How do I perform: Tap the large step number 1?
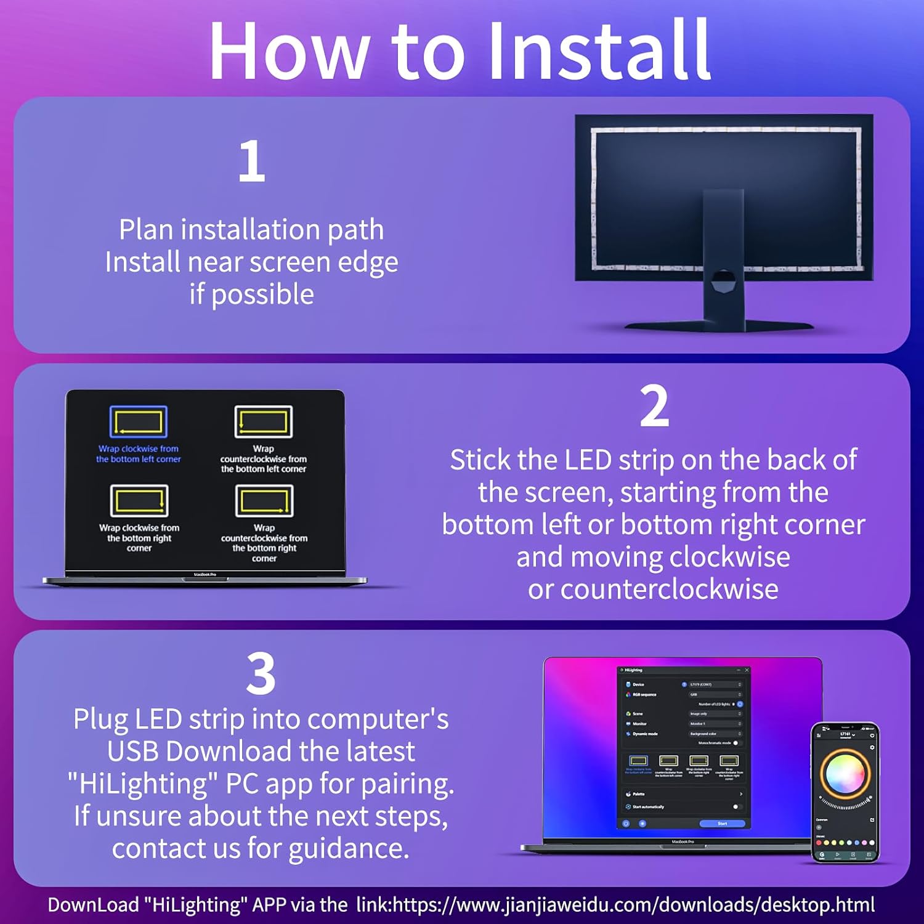252,161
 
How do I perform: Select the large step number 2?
654,406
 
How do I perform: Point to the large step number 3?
261,674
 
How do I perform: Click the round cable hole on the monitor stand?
723,283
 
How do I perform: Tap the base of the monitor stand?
718,325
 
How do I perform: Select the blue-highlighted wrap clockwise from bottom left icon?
139,422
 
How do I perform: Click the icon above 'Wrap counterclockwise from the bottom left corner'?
264,422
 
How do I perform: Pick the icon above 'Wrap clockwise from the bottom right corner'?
139,500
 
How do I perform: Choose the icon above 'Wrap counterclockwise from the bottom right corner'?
264,500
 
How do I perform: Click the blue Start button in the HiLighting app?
722,824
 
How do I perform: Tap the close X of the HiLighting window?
747,670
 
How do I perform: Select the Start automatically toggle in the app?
737,807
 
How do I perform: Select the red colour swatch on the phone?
819,842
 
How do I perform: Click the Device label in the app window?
638,684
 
